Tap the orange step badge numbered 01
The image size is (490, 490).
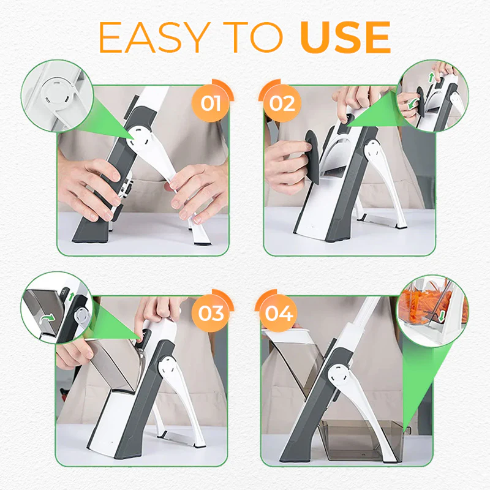coord(211,103)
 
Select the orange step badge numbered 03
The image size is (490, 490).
coord(211,314)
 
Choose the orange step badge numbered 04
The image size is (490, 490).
coord(279,314)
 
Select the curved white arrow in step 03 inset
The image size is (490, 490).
coord(44,318)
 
